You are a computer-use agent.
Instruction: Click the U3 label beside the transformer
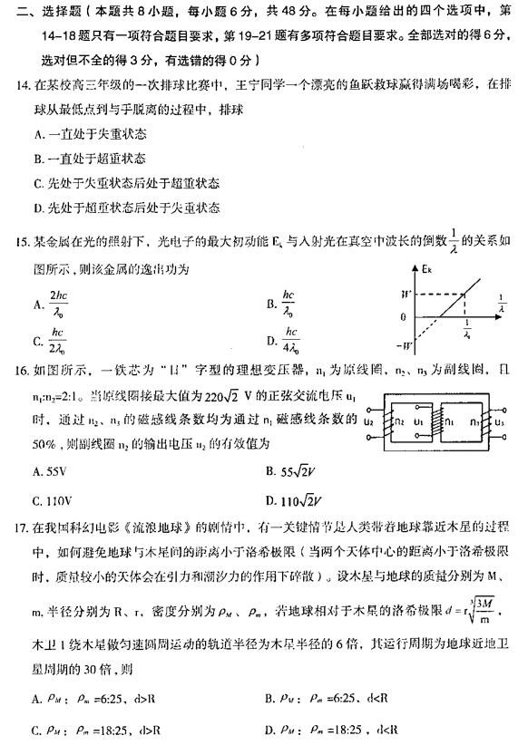click(499, 421)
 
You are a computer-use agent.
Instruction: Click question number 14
click(23, 85)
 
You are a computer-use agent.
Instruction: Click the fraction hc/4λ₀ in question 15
click(295, 342)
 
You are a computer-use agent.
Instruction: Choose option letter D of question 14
click(37, 208)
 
